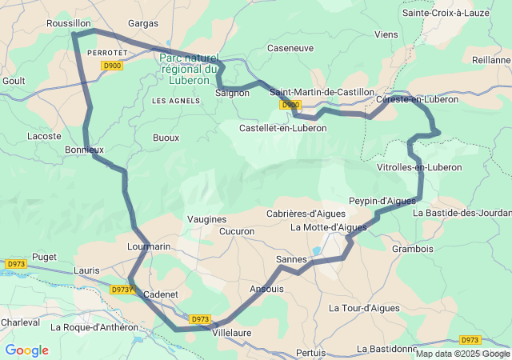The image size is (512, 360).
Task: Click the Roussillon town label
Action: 68,24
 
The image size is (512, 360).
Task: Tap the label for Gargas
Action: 143,24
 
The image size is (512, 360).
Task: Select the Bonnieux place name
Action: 84,150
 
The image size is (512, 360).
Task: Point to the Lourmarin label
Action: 149,247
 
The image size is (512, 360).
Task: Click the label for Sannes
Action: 290,260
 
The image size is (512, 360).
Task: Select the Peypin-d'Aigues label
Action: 382,200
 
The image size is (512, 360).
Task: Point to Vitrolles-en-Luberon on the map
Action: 419,167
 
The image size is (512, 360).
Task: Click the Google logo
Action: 26,350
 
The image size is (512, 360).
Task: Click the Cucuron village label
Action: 236,231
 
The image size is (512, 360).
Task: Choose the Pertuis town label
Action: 310,353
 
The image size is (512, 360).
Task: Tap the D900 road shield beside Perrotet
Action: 112,66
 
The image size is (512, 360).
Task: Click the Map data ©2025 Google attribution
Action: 462,354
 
